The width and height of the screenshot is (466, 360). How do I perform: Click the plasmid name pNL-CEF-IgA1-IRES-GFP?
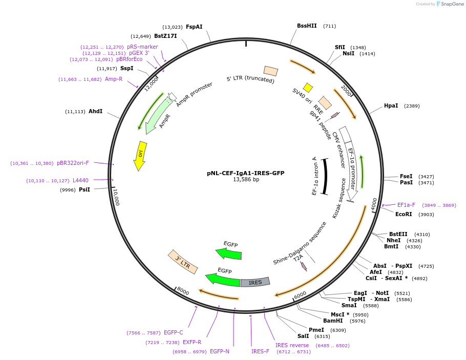tap(246, 173)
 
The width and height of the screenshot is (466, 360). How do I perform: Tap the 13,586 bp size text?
tap(246, 180)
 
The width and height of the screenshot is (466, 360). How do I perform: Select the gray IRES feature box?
tap(255, 282)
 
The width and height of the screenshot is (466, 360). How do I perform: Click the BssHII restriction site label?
tap(307, 26)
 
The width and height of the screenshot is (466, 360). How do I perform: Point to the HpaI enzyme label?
tap(391, 105)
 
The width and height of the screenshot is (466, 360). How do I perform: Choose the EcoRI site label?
tap(404, 214)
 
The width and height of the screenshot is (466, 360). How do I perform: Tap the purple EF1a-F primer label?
tap(406, 205)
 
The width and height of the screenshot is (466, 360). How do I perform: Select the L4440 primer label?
tap(80, 180)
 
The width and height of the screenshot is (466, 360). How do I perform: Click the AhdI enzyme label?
tap(95, 111)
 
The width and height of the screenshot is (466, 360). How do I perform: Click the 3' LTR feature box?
tap(182, 262)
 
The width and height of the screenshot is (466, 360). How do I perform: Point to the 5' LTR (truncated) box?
tap(271, 71)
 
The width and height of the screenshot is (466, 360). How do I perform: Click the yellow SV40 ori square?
tap(308, 88)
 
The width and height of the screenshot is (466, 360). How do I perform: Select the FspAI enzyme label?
tap(194, 27)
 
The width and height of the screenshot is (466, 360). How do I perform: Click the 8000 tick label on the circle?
tap(183, 291)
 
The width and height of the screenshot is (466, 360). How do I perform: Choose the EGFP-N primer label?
tap(220, 351)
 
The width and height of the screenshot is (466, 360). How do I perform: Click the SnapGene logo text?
tap(450, 4)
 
